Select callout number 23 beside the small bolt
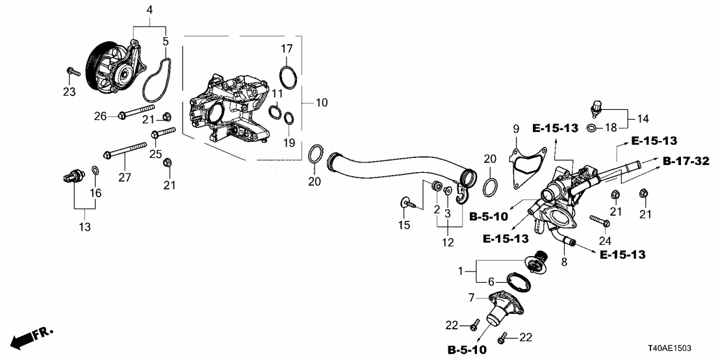pyautogui.click(x=70, y=92)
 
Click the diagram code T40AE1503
pyautogui.click(x=684, y=348)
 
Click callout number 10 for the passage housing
pyautogui.click(x=322, y=103)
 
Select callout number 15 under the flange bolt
pyautogui.click(x=404, y=225)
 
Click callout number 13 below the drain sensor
pyautogui.click(x=85, y=227)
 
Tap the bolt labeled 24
pyautogui.click(x=598, y=219)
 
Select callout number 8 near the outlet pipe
pyautogui.click(x=563, y=262)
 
